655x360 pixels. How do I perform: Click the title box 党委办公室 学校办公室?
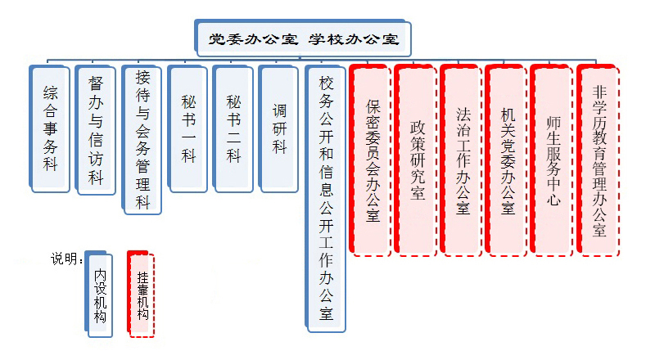point(303,38)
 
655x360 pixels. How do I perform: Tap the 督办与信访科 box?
point(97,131)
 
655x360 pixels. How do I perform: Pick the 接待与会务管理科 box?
point(142,139)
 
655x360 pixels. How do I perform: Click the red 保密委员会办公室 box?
point(373,160)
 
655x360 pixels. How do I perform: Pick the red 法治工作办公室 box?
point(463,160)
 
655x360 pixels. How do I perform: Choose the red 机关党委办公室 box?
point(508,160)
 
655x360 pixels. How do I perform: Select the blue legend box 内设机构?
point(100,293)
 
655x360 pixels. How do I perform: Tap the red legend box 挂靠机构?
point(143,293)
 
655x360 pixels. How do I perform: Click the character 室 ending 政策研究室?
point(418,195)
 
